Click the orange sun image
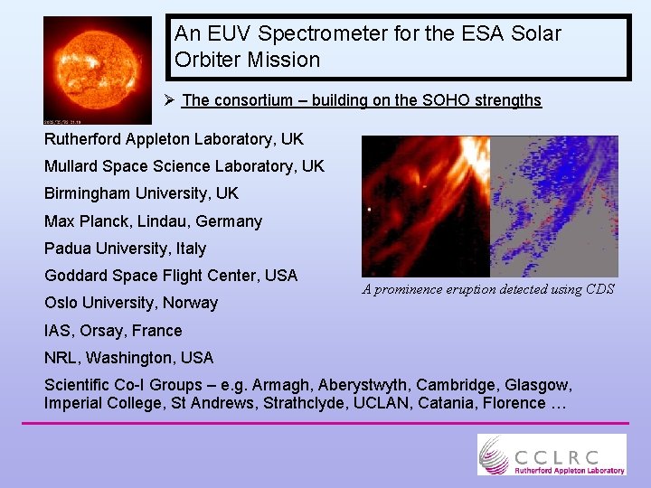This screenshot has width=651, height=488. [x=98, y=70]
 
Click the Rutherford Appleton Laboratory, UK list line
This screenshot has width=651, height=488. [x=174, y=139]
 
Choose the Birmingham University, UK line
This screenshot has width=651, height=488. [x=141, y=193]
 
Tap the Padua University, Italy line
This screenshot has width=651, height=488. [x=125, y=249]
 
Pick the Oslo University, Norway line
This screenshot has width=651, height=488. [x=131, y=303]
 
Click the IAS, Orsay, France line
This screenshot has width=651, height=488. [x=113, y=331]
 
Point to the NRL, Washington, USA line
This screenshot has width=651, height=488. [x=128, y=358]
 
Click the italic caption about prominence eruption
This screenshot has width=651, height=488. [x=488, y=289]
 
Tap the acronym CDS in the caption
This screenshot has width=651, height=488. [x=598, y=289]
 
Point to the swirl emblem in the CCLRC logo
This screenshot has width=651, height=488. [x=495, y=454]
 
